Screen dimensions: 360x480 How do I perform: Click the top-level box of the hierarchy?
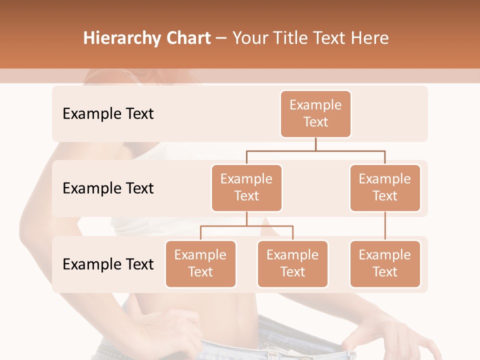[x=315, y=114]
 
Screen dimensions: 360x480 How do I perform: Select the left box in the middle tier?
[x=246, y=188]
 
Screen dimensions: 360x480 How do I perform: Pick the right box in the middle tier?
[x=385, y=188]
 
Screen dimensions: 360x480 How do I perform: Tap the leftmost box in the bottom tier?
[x=200, y=264]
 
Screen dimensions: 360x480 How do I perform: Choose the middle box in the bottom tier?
[x=292, y=264]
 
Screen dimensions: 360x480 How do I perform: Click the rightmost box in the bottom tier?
[x=385, y=264]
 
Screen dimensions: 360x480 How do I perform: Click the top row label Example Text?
[x=108, y=114]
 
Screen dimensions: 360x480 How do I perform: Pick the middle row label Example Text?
[x=108, y=188]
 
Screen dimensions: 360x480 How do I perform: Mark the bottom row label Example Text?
[x=108, y=264]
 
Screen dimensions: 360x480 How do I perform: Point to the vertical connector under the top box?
[x=315, y=144]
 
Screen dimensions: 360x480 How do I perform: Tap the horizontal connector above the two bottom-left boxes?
[x=246, y=226]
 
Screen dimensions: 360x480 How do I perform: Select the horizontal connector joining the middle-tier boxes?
[x=315, y=150]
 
